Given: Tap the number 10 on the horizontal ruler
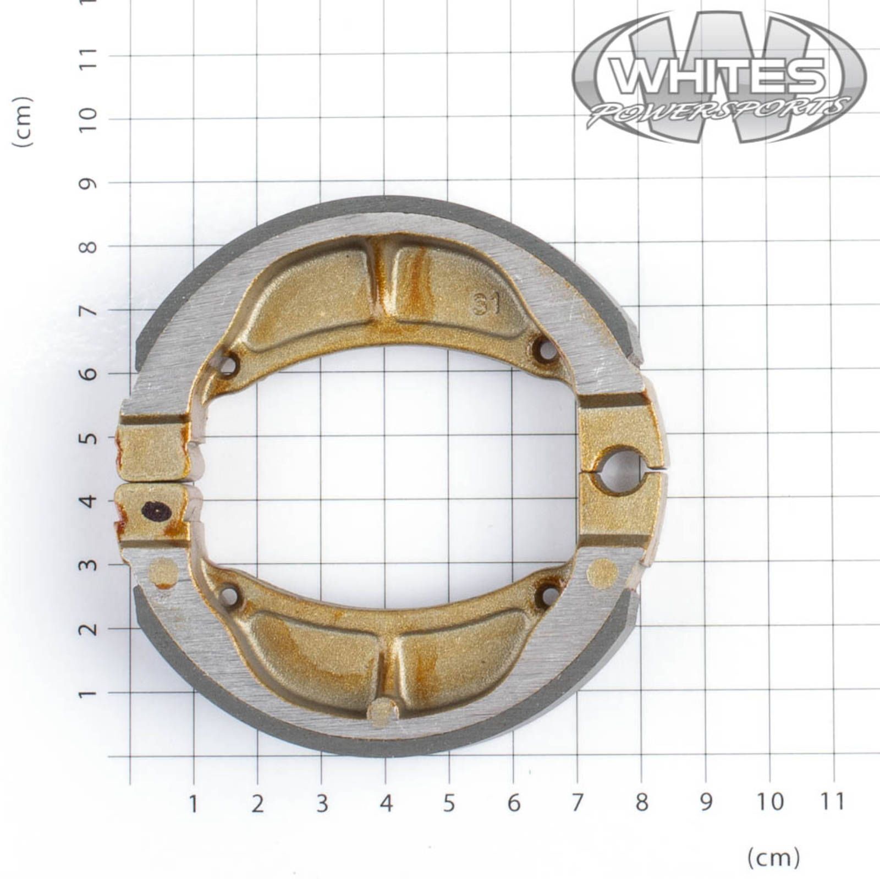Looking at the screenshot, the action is (x=769, y=802).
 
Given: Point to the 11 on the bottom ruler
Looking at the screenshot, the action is (x=833, y=802).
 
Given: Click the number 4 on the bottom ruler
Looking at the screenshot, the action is (x=386, y=803).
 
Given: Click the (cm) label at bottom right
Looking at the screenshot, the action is (x=773, y=857).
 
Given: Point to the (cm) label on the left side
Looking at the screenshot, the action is (x=23, y=122).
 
